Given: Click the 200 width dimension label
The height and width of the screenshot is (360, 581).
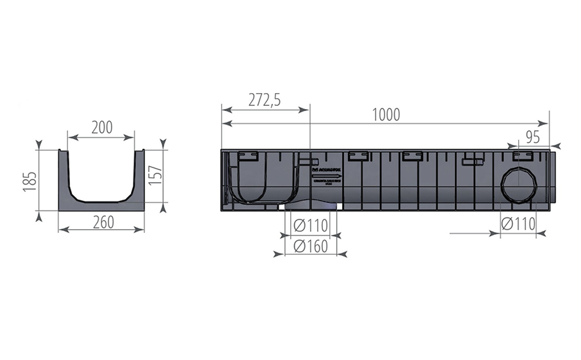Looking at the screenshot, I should [101, 127].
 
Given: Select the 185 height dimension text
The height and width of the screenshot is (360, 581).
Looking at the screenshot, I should [28, 181].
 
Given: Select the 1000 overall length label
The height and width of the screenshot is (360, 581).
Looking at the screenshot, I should [385, 115].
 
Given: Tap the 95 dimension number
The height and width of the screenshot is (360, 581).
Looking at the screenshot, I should [532, 136].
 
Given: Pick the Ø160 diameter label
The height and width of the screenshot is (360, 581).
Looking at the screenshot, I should [311, 246].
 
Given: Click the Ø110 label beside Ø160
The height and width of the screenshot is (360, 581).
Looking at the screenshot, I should [311, 225].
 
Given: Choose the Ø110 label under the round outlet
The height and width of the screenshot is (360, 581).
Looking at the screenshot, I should [519, 224].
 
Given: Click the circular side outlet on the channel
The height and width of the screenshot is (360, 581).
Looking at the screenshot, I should [519, 184].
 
